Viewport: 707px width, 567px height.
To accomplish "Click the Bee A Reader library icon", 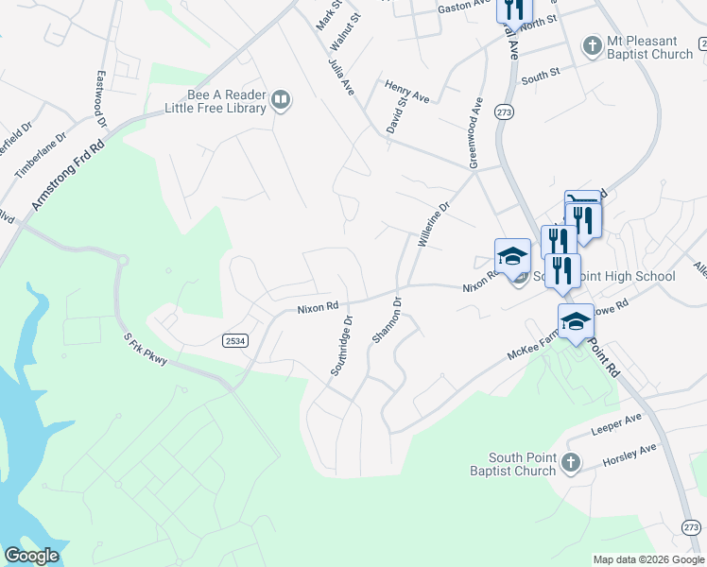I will (281, 100).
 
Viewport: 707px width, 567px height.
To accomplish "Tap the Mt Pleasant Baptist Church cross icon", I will (592, 46).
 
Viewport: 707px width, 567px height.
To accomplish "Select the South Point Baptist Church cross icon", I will (569, 463).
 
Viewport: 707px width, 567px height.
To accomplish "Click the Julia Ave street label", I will (341, 75).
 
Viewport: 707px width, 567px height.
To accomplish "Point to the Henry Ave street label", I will (407, 92).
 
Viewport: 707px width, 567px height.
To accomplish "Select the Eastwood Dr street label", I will (100, 97).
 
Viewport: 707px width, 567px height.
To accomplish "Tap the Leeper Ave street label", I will (616, 419).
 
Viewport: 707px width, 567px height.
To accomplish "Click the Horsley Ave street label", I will (629, 456).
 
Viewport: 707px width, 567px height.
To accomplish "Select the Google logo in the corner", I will (31, 556).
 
